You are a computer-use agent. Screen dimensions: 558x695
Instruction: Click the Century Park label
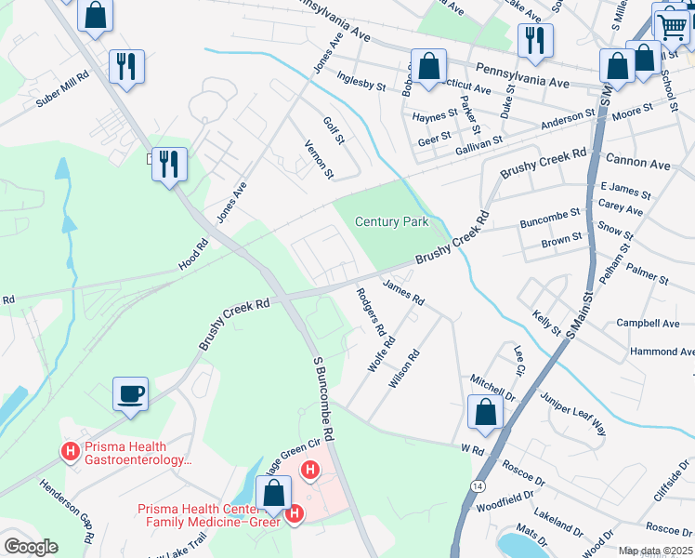coord(392,221)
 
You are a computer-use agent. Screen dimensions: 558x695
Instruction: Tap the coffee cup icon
coord(131,393)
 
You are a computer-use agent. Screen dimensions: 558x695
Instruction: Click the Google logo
coord(31,547)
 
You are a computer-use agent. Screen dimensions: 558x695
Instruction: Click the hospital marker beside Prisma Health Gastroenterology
coord(69,452)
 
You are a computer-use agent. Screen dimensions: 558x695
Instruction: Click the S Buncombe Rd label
coord(330,398)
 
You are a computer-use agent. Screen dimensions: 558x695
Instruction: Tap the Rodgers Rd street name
coord(370,311)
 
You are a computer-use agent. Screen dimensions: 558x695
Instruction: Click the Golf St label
coord(334,130)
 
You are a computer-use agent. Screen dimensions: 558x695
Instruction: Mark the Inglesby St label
coord(361,85)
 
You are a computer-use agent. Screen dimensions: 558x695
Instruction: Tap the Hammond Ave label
coord(662,352)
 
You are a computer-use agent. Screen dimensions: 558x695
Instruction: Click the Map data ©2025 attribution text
coord(656,551)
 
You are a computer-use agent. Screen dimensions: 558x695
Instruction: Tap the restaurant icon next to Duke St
coord(535,39)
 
